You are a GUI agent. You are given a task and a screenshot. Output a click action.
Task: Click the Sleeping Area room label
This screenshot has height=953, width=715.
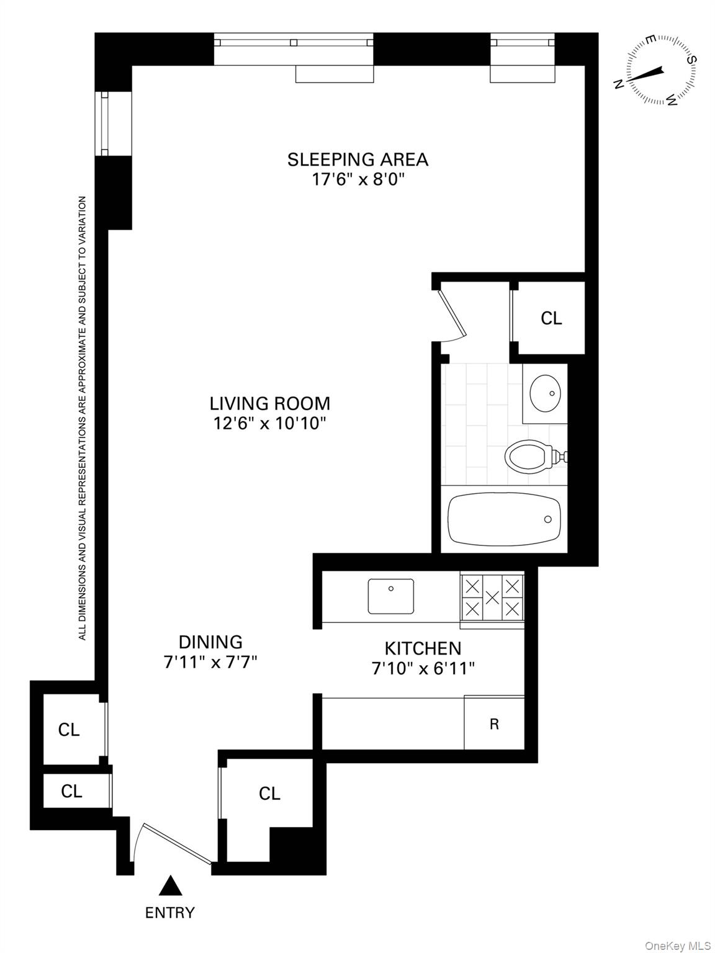(x=357, y=159)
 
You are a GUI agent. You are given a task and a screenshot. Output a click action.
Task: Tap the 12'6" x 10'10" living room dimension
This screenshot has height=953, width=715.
(x=269, y=424)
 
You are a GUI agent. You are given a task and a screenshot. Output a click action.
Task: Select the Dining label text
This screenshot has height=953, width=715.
(x=210, y=642)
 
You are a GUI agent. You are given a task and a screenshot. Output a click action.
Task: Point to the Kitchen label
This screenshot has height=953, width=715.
(x=423, y=648)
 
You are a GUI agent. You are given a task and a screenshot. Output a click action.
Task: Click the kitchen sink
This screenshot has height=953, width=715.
(x=391, y=596)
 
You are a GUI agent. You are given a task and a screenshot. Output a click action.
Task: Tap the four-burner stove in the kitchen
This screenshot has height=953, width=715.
(x=492, y=597)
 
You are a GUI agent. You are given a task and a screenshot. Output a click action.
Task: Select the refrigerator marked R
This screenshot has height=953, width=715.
(x=494, y=723)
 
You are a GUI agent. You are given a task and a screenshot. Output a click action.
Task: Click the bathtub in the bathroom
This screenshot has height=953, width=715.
(x=504, y=519)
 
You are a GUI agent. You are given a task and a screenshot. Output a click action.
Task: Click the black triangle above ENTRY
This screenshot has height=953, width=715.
(x=170, y=886)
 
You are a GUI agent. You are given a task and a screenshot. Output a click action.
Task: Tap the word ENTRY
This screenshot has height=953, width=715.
(x=170, y=913)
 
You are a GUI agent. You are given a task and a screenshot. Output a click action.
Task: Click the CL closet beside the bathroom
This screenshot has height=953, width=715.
(x=551, y=318)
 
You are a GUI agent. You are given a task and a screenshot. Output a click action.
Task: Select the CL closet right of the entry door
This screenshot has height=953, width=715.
(x=269, y=794)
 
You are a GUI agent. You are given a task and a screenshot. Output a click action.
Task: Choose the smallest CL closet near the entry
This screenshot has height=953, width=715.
(x=71, y=791)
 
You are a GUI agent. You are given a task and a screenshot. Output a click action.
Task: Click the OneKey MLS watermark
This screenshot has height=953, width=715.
(x=678, y=946)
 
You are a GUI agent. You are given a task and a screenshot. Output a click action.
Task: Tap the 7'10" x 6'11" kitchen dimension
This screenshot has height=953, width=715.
(x=423, y=668)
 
